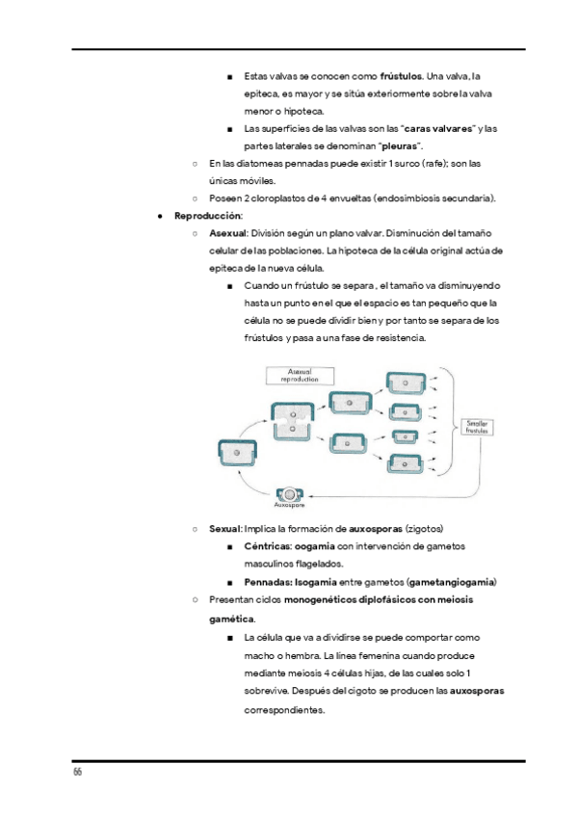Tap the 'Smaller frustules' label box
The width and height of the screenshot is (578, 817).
click(x=477, y=426)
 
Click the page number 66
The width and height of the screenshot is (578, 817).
click(x=76, y=774)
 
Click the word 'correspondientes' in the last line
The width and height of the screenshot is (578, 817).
click(x=284, y=710)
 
